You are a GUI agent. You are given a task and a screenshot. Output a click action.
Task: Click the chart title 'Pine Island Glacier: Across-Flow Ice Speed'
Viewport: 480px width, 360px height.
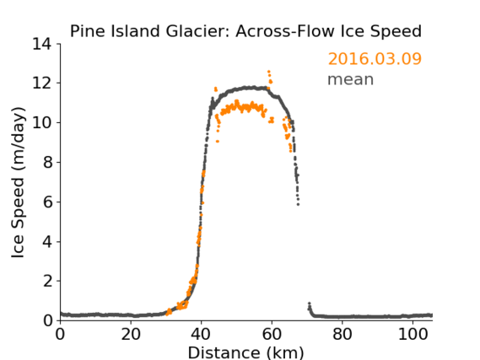pos(245,31)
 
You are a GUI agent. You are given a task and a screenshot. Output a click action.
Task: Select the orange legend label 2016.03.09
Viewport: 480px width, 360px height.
pos(375,59)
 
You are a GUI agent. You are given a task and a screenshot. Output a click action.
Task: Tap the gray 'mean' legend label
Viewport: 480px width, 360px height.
pos(351,79)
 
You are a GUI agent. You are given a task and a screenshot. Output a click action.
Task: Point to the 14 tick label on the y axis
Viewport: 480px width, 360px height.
pos(42,44)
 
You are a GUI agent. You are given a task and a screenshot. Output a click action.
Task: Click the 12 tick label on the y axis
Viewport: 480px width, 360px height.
pos(42,83)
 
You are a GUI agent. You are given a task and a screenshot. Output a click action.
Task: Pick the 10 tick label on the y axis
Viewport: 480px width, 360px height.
pos(42,122)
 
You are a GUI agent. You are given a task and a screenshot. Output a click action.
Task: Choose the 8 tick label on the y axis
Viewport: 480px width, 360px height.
pos(47,162)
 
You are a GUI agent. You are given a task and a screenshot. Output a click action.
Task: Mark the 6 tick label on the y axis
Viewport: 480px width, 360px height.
pos(47,201)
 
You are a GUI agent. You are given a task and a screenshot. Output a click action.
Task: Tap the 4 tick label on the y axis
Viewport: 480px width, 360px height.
pos(47,242)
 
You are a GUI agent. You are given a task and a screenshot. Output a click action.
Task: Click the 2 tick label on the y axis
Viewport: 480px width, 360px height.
pos(47,281)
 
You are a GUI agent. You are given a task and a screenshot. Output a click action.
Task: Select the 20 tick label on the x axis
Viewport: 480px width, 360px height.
pos(131,334)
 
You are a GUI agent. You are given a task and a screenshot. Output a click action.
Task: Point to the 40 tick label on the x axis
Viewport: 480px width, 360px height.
pos(201,334)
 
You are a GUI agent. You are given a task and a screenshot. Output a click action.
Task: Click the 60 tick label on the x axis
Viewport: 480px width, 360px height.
pos(272,334)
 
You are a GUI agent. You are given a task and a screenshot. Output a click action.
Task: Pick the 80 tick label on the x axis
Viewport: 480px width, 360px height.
pos(342,334)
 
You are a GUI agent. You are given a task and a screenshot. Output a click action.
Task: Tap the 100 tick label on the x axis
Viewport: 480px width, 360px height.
pos(413,334)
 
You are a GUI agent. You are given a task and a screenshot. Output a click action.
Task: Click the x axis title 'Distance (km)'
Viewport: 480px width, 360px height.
pos(245,353)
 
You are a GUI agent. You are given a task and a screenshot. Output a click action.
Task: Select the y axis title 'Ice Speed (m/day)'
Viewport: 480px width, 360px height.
pos(18,182)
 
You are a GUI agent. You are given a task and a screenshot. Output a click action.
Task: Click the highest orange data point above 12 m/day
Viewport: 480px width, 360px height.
pos(269,72)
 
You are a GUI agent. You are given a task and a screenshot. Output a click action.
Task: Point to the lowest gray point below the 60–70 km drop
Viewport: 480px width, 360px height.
pos(298,204)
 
